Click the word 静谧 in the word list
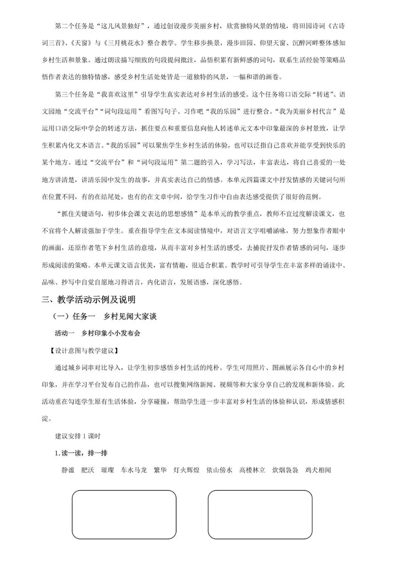click(x=68, y=470)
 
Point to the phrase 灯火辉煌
click(x=186, y=470)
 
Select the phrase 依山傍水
click(x=219, y=470)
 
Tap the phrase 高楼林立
click(x=252, y=470)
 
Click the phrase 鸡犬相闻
click(x=318, y=470)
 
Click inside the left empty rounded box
click(x=124, y=514)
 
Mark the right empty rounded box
click(x=260, y=514)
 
